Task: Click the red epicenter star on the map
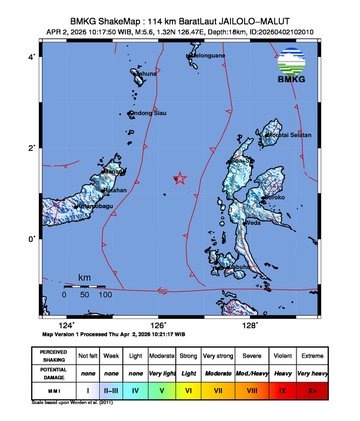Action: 180,179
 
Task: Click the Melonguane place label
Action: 209,56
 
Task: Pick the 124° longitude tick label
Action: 67,326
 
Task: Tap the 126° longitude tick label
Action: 158,326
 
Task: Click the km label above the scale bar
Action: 85,277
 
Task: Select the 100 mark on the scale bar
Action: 105,296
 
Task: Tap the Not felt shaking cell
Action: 88,355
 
